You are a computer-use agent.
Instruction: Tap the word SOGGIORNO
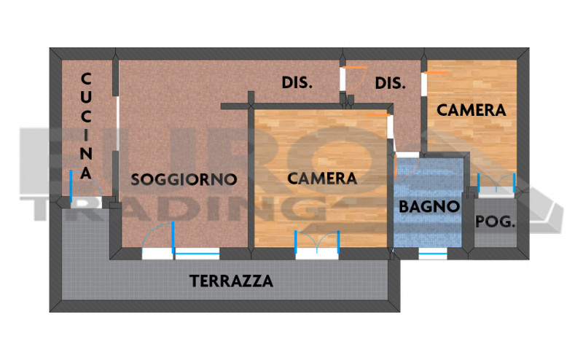[x=184, y=179]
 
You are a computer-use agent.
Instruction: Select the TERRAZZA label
[x=231, y=281]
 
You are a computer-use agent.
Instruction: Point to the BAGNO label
[x=430, y=206]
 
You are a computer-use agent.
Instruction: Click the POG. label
[x=496, y=223]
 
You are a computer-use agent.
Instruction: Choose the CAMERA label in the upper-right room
[x=472, y=110]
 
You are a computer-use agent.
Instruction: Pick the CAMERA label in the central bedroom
[x=322, y=178]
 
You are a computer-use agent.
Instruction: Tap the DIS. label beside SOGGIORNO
[x=297, y=83]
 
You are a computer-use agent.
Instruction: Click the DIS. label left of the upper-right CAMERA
[x=390, y=83]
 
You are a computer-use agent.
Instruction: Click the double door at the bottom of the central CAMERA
[x=318, y=244]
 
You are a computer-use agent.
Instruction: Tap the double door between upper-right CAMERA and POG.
[x=497, y=184]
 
